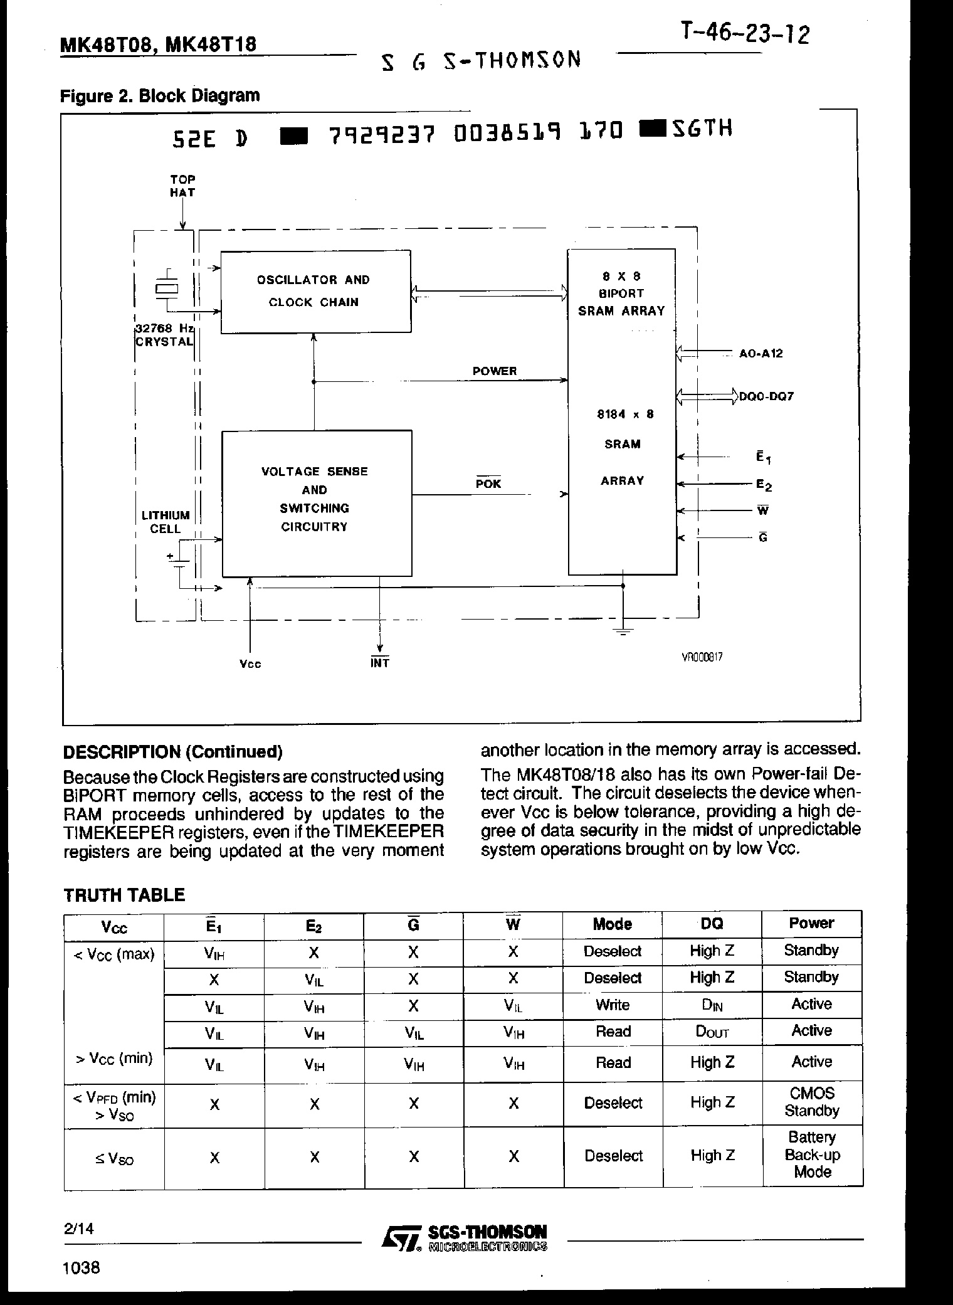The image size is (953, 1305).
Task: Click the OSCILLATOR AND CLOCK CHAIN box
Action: coord(315,292)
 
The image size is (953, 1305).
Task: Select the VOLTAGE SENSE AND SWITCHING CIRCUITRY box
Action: coord(317,503)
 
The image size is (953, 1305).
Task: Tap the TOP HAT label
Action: coord(182,186)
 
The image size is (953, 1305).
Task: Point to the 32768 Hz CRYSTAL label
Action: coord(165,335)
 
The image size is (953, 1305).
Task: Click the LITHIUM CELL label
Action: coord(166,522)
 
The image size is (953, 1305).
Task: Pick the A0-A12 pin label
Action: coord(761,354)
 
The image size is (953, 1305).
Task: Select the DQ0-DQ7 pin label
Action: coord(766,397)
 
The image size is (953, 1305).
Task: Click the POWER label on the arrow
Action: coord(495,371)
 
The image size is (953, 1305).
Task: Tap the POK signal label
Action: coord(488,483)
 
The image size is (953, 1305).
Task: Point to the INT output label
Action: coord(380,663)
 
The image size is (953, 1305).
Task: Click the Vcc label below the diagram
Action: coord(250,664)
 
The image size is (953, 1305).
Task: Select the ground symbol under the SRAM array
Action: coord(623,631)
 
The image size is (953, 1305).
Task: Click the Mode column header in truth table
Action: coord(612,924)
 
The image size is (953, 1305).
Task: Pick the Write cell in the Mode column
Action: coord(612,1005)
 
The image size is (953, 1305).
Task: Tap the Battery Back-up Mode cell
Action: coord(812,1155)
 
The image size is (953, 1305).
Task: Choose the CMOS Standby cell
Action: coord(812,1102)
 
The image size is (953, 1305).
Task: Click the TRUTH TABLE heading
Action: coord(124,895)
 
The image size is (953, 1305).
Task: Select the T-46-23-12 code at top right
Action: coord(744,34)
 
